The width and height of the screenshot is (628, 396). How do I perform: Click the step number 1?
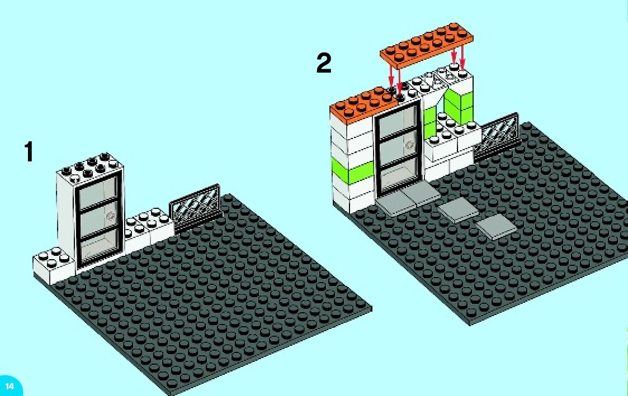29,152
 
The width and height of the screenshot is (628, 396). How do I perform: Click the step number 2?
324,63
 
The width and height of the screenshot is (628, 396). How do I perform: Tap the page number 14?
10,386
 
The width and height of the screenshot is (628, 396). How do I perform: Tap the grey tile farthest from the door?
497,227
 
